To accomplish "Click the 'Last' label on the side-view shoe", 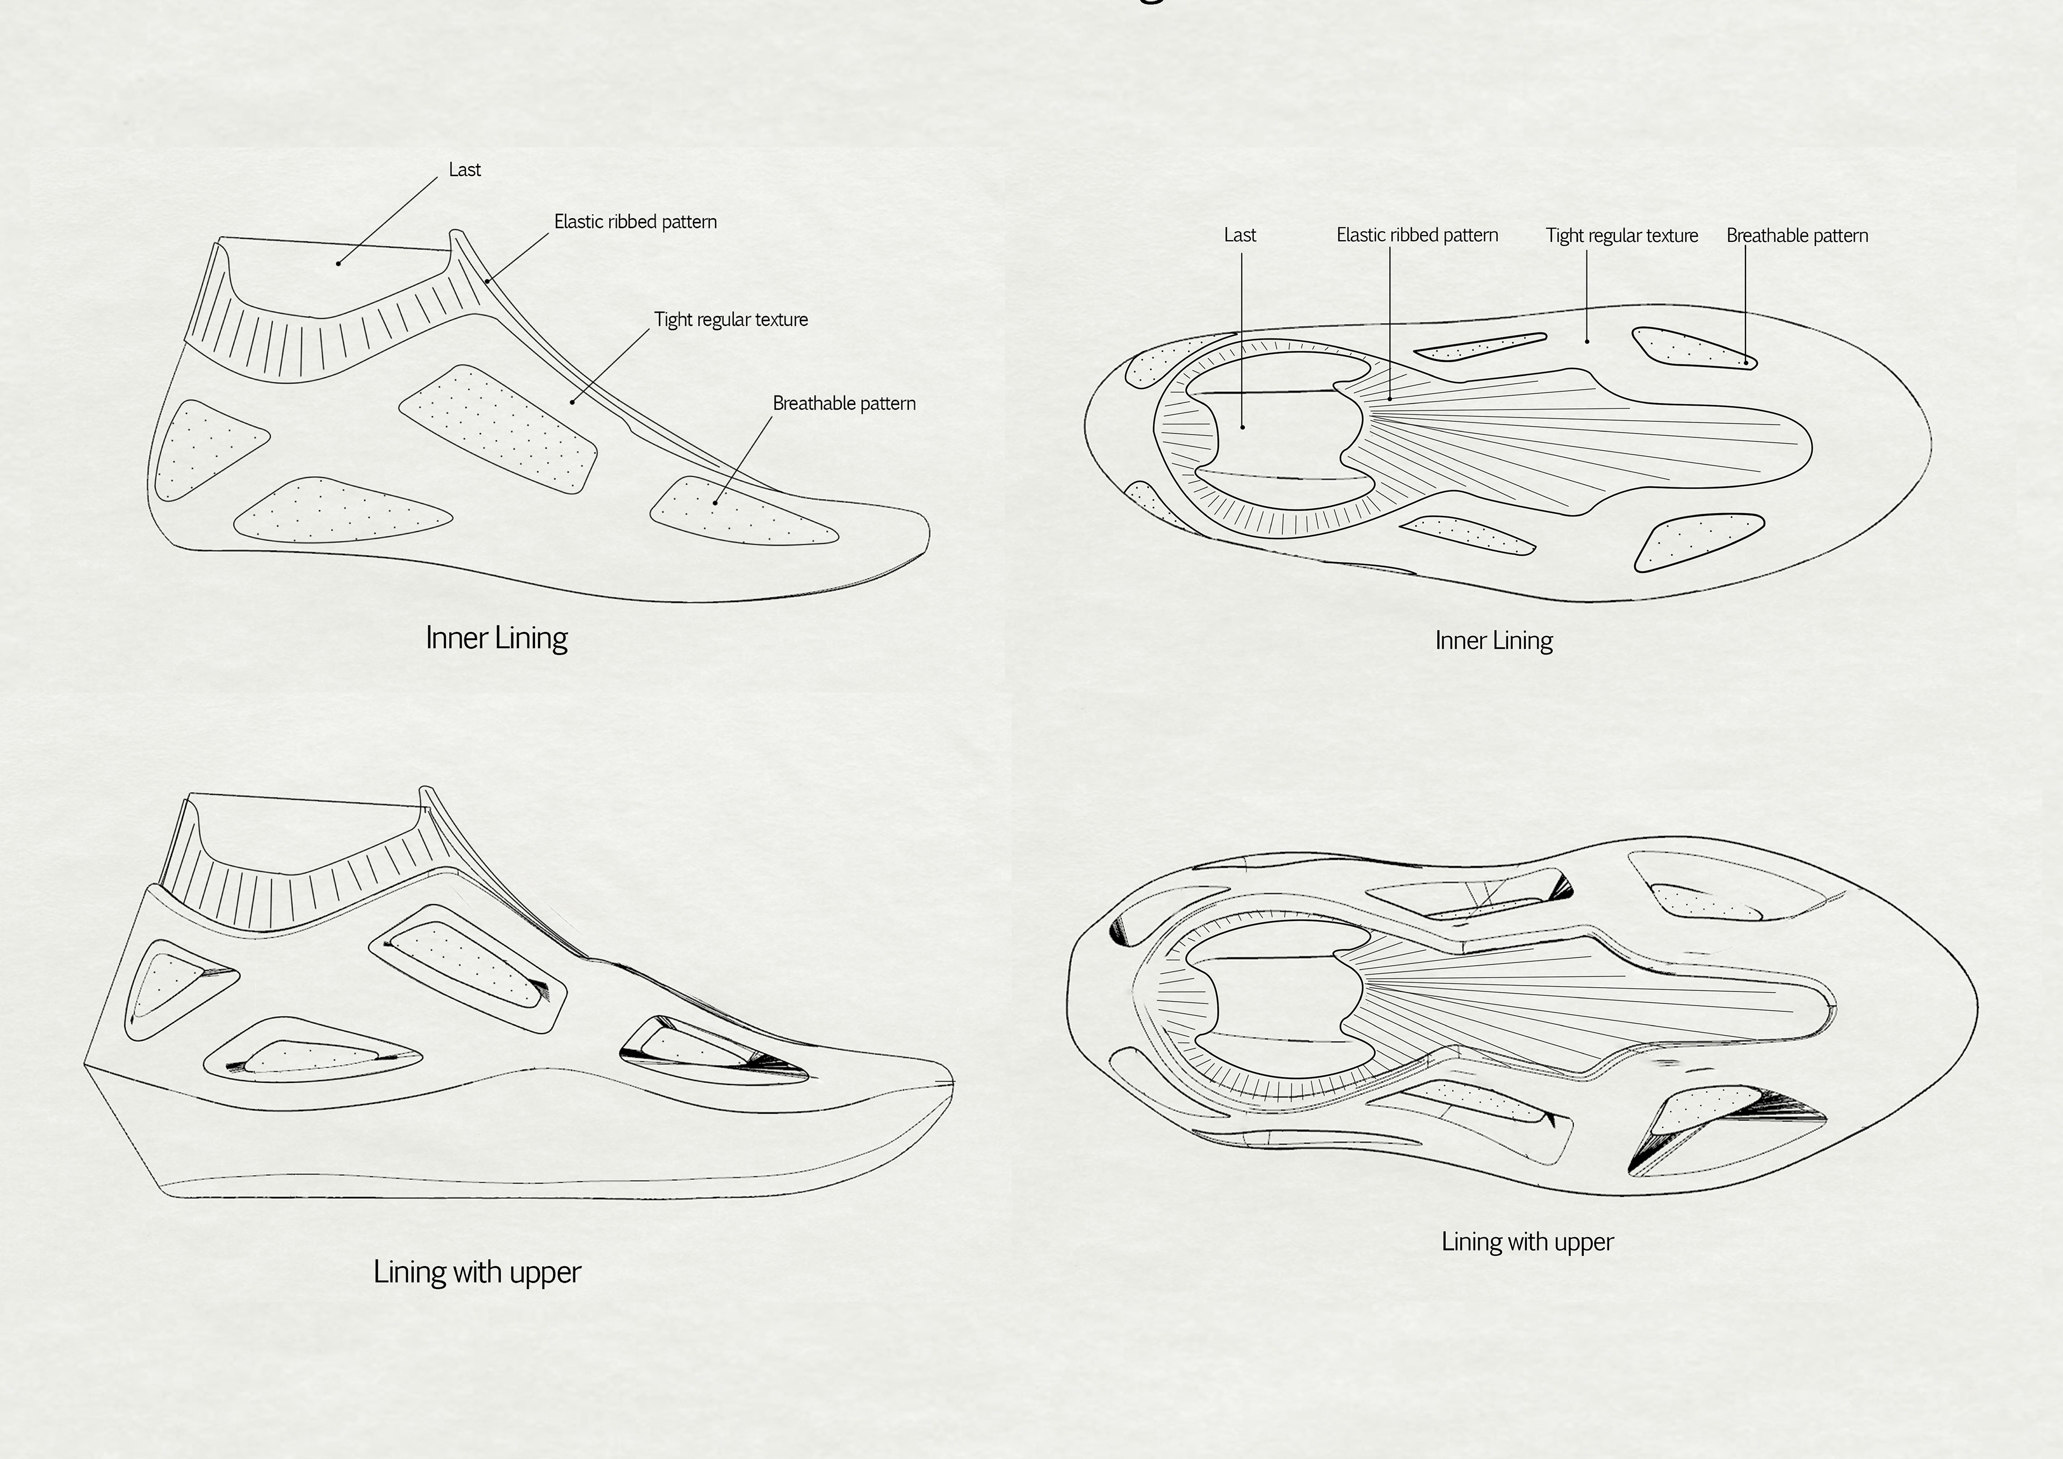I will pos(465,170).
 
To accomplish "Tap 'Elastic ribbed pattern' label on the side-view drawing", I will pos(635,222).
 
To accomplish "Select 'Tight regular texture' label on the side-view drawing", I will pos(731,320).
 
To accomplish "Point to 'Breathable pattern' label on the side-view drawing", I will pos(843,404).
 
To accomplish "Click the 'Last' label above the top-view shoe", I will pos(1240,235).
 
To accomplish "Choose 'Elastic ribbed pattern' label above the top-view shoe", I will pos(1417,235).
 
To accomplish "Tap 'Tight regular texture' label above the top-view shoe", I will pos(1622,235).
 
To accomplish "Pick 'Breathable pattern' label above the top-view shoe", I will pos(1797,235).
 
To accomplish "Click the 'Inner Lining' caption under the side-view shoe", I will pos(496,638).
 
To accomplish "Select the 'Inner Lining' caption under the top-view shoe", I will pos(1494,641).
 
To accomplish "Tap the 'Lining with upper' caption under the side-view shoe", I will pos(477,1272).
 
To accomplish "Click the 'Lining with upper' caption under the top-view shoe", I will pos(1527,1242).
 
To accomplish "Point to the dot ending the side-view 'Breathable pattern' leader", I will pos(715,501).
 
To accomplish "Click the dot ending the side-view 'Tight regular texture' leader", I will pos(572,402).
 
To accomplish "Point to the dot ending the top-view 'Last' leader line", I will pos(1243,427).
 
